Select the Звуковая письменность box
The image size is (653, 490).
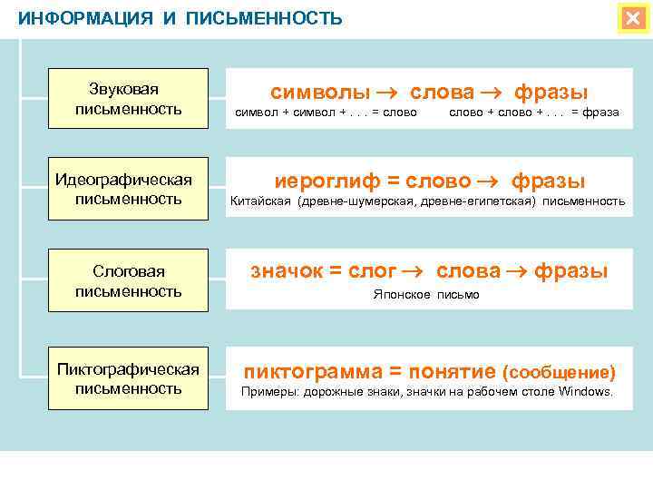pyautogui.click(x=129, y=99)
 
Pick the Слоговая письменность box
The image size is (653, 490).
pyautogui.click(x=129, y=281)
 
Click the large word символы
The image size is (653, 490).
pyautogui.click(x=320, y=92)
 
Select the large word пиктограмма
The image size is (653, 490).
pyautogui.click(x=306, y=371)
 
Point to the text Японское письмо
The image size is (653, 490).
pyautogui.click(x=426, y=295)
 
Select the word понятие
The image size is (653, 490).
pyautogui.click(x=448, y=371)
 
